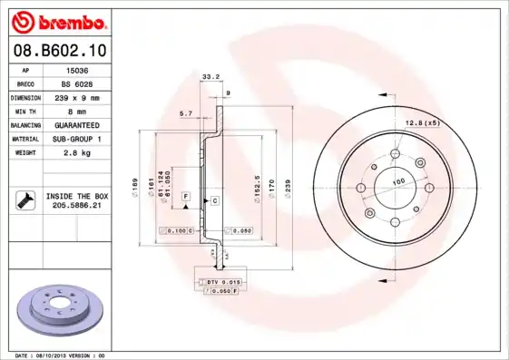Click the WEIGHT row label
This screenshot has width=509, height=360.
tap(23, 152)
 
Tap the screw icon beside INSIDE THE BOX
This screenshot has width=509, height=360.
tap(24, 199)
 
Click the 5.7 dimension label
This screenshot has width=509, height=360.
tap(186, 113)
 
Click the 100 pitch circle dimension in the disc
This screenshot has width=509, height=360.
tap(397, 183)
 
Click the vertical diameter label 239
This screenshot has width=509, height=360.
tap(289, 186)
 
